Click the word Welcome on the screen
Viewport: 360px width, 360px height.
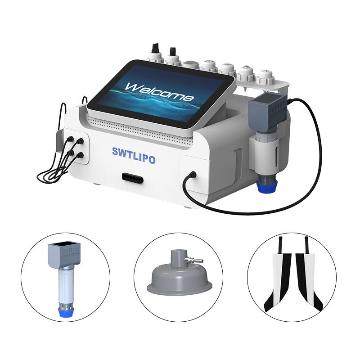[159, 92]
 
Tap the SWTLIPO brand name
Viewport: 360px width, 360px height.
[134, 155]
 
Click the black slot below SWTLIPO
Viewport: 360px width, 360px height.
[133, 178]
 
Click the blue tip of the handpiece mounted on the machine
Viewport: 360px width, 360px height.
[266, 186]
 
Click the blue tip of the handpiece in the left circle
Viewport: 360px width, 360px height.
[66, 312]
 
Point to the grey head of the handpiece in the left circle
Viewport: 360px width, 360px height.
[64, 253]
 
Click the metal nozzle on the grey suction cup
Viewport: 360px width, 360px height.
[194, 260]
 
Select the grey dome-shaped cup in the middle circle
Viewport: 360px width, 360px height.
[180, 275]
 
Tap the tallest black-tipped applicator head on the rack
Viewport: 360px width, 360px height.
[155, 53]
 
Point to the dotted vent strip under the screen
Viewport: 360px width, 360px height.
[139, 131]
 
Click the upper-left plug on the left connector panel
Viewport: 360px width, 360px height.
[70, 139]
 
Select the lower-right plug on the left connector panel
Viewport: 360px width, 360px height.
[80, 155]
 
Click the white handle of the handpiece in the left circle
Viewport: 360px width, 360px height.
[66, 286]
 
